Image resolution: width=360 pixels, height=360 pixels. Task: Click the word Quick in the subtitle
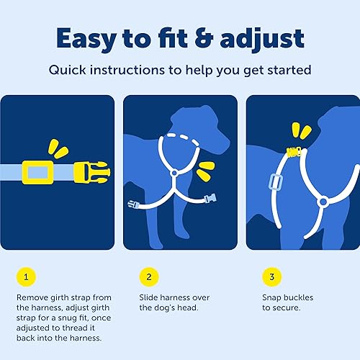(x=68, y=71)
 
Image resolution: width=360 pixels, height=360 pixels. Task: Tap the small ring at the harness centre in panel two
(x=174, y=173)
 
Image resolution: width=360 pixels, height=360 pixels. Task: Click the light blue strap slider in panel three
(x=274, y=182)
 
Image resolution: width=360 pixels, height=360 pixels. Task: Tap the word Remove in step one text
(x=32, y=297)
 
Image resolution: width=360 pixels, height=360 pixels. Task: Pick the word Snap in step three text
(x=271, y=297)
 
